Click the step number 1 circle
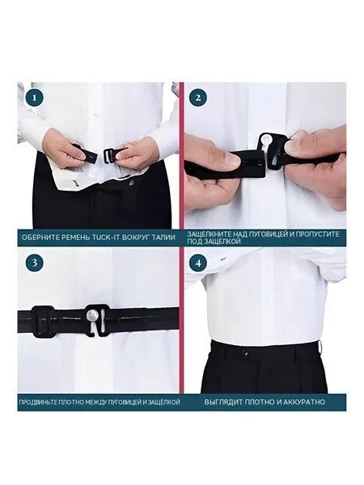[x=34, y=98]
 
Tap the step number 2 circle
[x=198, y=98]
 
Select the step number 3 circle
[x=34, y=263]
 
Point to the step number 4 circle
[x=198, y=263]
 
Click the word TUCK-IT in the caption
[x=106, y=238]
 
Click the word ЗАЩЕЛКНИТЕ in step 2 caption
[x=210, y=234]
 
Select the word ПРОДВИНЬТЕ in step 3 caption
[x=37, y=403]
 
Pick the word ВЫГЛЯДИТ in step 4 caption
[x=223, y=402]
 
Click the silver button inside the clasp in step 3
[x=92, y=315]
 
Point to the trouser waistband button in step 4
[x=245, y=352]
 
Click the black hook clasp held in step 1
[x=111, y=154]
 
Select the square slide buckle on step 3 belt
[x=42, y=321]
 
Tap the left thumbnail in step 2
[x=230, y=160]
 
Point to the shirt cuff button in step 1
[x=75, y=179]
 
